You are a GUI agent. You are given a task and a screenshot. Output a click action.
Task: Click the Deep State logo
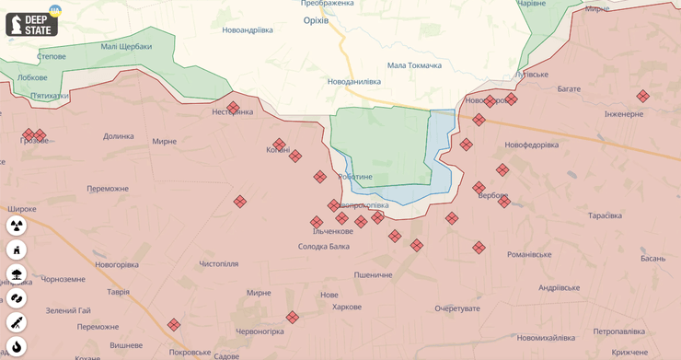coord(32,24)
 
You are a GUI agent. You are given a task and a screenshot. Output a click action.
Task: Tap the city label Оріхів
coord(318,20)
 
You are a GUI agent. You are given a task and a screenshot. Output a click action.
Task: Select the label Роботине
coord(355,176)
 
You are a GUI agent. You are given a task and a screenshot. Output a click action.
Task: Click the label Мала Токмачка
coord(414,65)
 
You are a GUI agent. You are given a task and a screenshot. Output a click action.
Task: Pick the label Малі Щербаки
coord(126,45)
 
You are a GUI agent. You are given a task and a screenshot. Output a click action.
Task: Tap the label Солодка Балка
coord(324,246)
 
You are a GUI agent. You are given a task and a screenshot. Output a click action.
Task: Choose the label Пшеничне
coord(373,274)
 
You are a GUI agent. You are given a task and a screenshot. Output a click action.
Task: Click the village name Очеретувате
coord(457,308)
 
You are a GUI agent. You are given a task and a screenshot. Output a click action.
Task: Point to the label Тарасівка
coord(605,215)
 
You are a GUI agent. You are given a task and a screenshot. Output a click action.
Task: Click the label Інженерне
coord(624,114)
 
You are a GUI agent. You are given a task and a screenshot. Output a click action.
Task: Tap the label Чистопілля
coord(219,263)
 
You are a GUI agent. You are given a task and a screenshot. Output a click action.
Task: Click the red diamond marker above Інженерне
coord(642,96)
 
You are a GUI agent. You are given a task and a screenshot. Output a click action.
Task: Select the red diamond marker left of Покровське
coord(173,325)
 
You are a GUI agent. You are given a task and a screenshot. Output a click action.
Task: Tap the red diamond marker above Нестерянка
coord(234,107)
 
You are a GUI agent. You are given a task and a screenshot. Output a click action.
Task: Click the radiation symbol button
coord(17,226)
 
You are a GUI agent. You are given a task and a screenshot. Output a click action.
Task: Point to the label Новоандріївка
coord(248,29)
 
